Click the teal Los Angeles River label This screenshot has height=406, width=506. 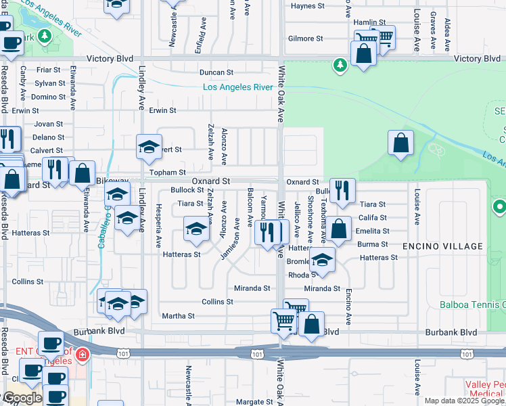coord(237,87)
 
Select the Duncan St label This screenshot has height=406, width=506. coord(216,72)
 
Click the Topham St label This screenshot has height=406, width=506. coord(168,173)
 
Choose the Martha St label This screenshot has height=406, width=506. coord(178,316)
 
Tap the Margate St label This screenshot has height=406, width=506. coord(254,402)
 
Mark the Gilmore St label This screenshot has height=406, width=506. coord(302,39)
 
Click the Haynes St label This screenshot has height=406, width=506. coord(308,6)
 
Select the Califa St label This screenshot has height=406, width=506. coord(373,218)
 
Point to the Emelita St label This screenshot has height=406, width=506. coord(373,231)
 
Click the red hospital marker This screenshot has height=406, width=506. coord(82,354)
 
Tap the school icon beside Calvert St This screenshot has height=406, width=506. coord(149,145)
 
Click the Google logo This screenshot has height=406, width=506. coord(22,399)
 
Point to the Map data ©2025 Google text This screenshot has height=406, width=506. coord(465,401)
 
